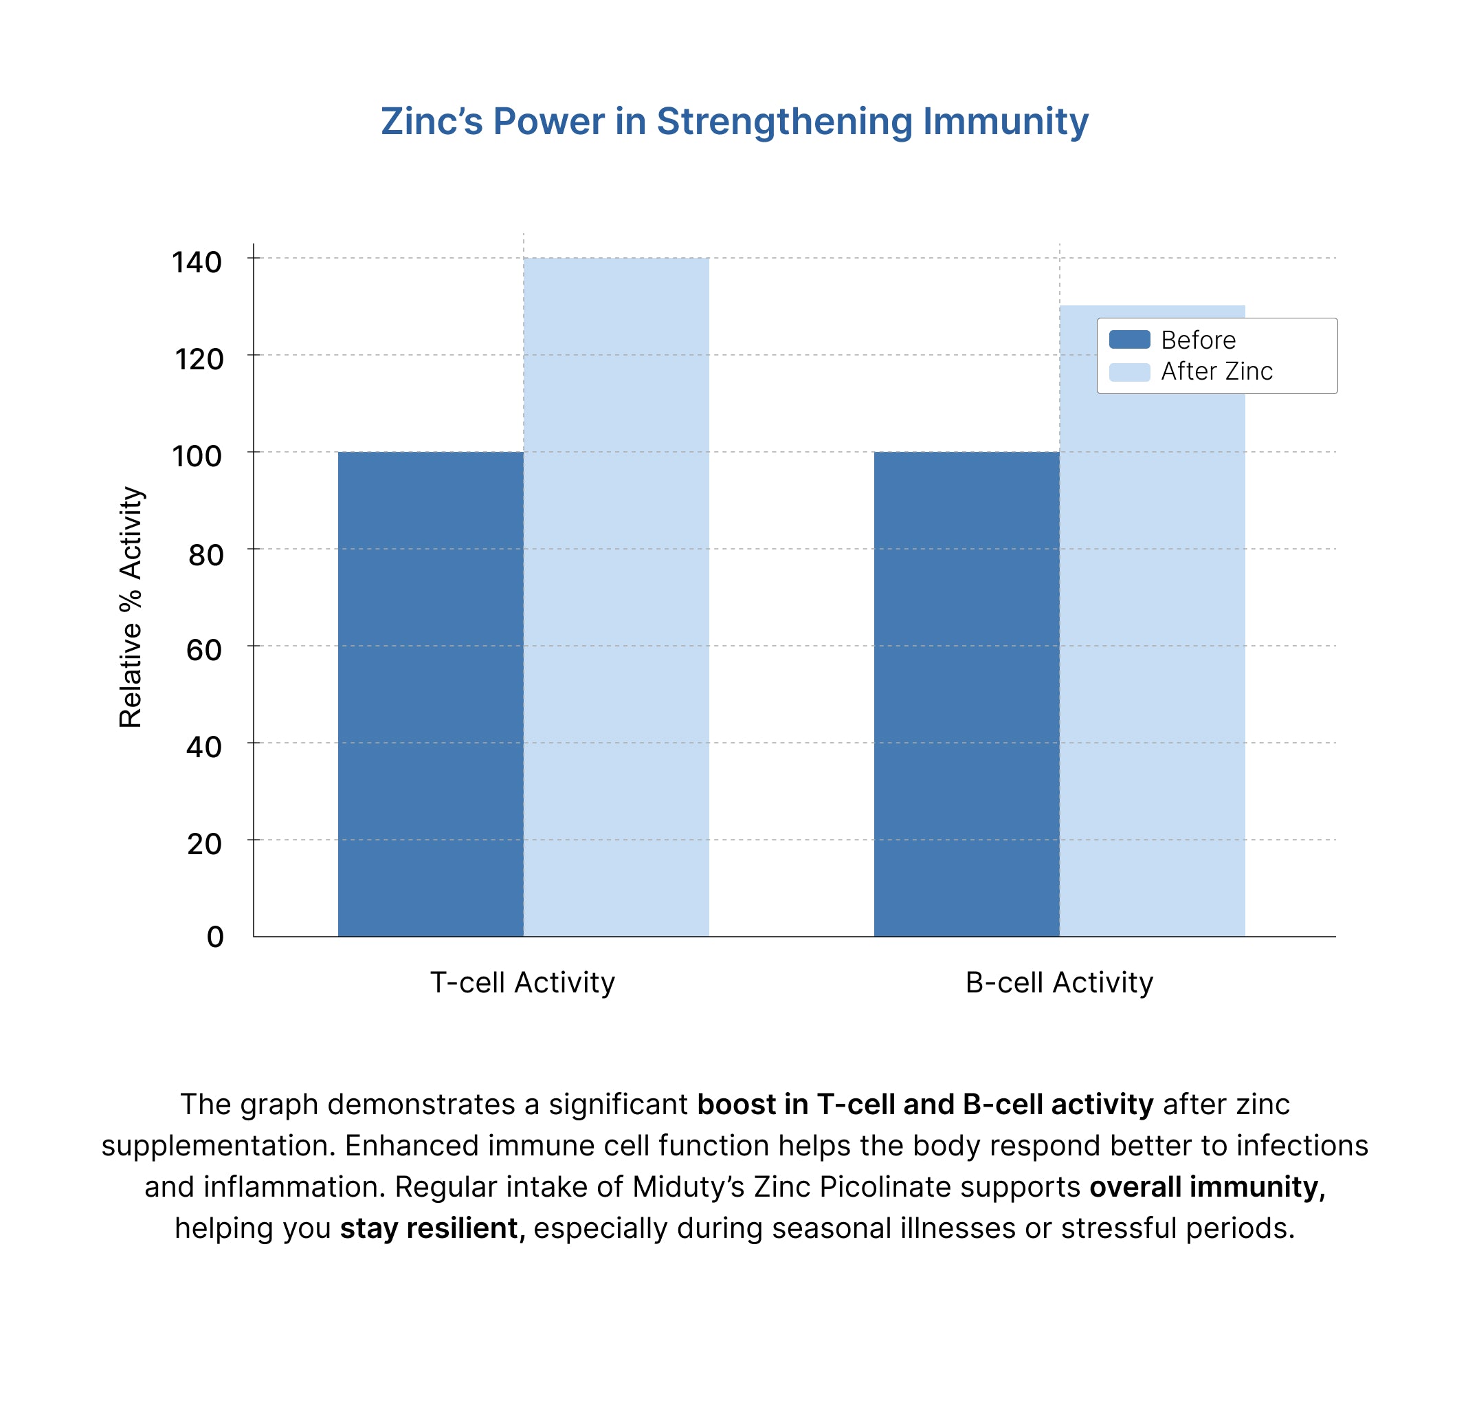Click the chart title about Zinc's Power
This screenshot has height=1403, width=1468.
pyautogui.click(x=734, y=122)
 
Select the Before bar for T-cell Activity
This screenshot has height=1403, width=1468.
pyautogui.click(x=430, y=693)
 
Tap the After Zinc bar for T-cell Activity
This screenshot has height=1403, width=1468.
pyautogui.click(x=616, y=597)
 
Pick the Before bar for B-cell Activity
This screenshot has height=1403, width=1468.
pyautogui.click(x=966, y=693)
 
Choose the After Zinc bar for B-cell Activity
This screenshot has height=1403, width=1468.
pyautogui.click(x=1152, y=658)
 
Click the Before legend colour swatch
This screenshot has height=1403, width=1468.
pyautogui.click(x=1128, y=340)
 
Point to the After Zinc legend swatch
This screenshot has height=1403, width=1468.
pyautogui.click(x=1128, y=371)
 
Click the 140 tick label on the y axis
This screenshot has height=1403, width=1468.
pyautogui.click(x=197, y=263)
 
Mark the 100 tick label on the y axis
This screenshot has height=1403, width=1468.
pyautogui.click(x=197, y=456)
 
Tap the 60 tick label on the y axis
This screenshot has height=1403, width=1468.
pyautogui.click(x=203, y=650)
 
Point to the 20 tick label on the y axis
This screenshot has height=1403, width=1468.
pyautogui.click(x=203, y=844)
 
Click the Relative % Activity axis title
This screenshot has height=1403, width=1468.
pyautogui.click(x=131, y=607)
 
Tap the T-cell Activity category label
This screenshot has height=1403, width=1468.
pyautogui.click(x=522, y=983)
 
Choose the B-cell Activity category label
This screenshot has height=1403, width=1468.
pyautogui.click(x=1058, y=983)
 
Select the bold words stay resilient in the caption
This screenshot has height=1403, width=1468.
pyautogui.click(x=432, y=1228)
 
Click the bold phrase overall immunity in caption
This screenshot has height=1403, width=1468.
pyautogui.click(x=1206, y=1187)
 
